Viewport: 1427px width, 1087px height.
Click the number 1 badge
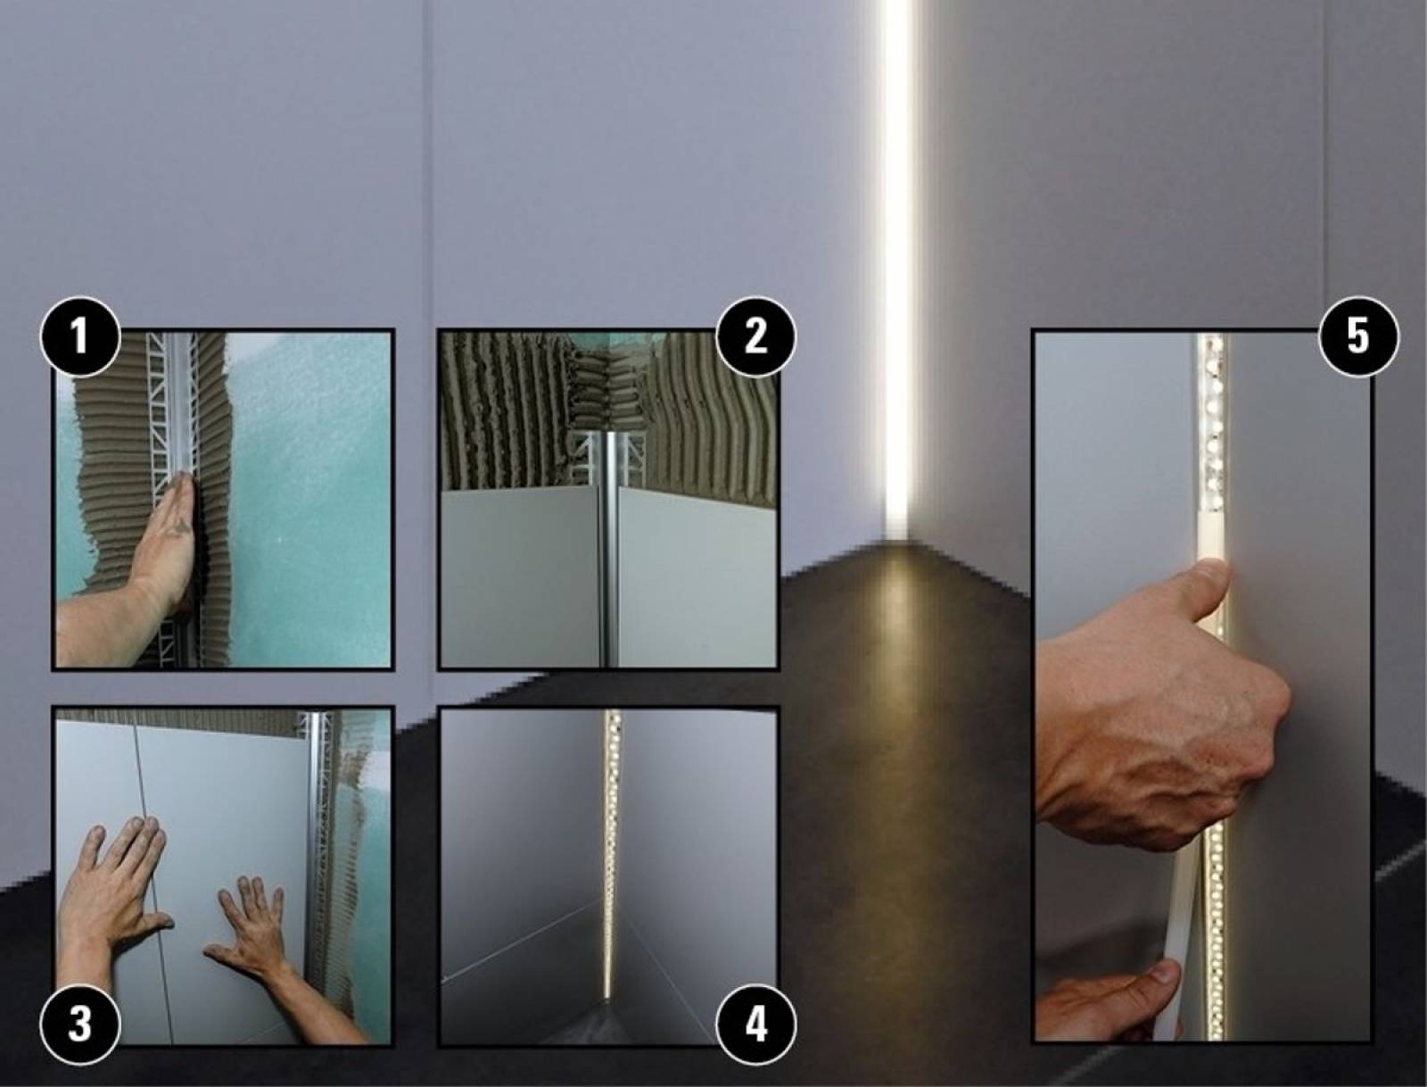point(80,337)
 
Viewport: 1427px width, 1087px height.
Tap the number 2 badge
point(755,337)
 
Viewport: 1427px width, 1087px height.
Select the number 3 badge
point(80,1024)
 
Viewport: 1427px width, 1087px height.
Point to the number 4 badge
point(755,1024)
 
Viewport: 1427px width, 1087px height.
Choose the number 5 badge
point(1358,337)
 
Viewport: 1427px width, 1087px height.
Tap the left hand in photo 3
point(111,910)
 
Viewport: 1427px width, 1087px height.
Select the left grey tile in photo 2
point(520,579)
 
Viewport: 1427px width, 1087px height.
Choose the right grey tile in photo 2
point(697,579)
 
